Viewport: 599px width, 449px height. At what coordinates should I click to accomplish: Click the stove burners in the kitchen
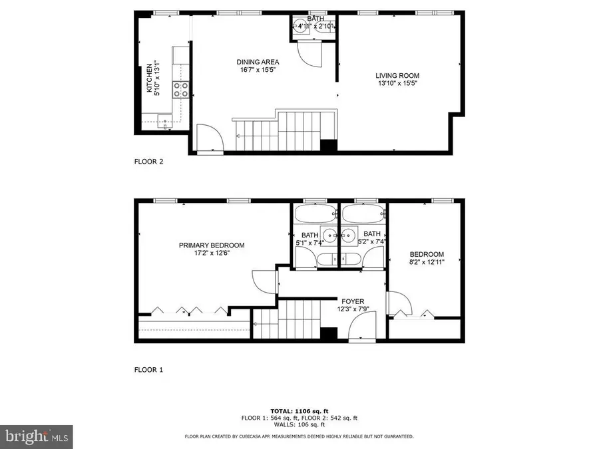click(180, 89)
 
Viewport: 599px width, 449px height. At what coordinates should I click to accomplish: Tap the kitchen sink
click(165, 120)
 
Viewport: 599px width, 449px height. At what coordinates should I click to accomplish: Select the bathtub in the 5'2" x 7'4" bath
click(363, 214)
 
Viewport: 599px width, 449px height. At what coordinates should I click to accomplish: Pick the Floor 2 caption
click(149, 162)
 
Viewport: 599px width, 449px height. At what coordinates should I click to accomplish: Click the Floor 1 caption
click(149, 369)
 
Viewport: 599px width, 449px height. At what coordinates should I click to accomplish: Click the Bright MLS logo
click(36, 436)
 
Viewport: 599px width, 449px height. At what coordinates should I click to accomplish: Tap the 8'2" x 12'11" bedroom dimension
click(427, 262)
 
